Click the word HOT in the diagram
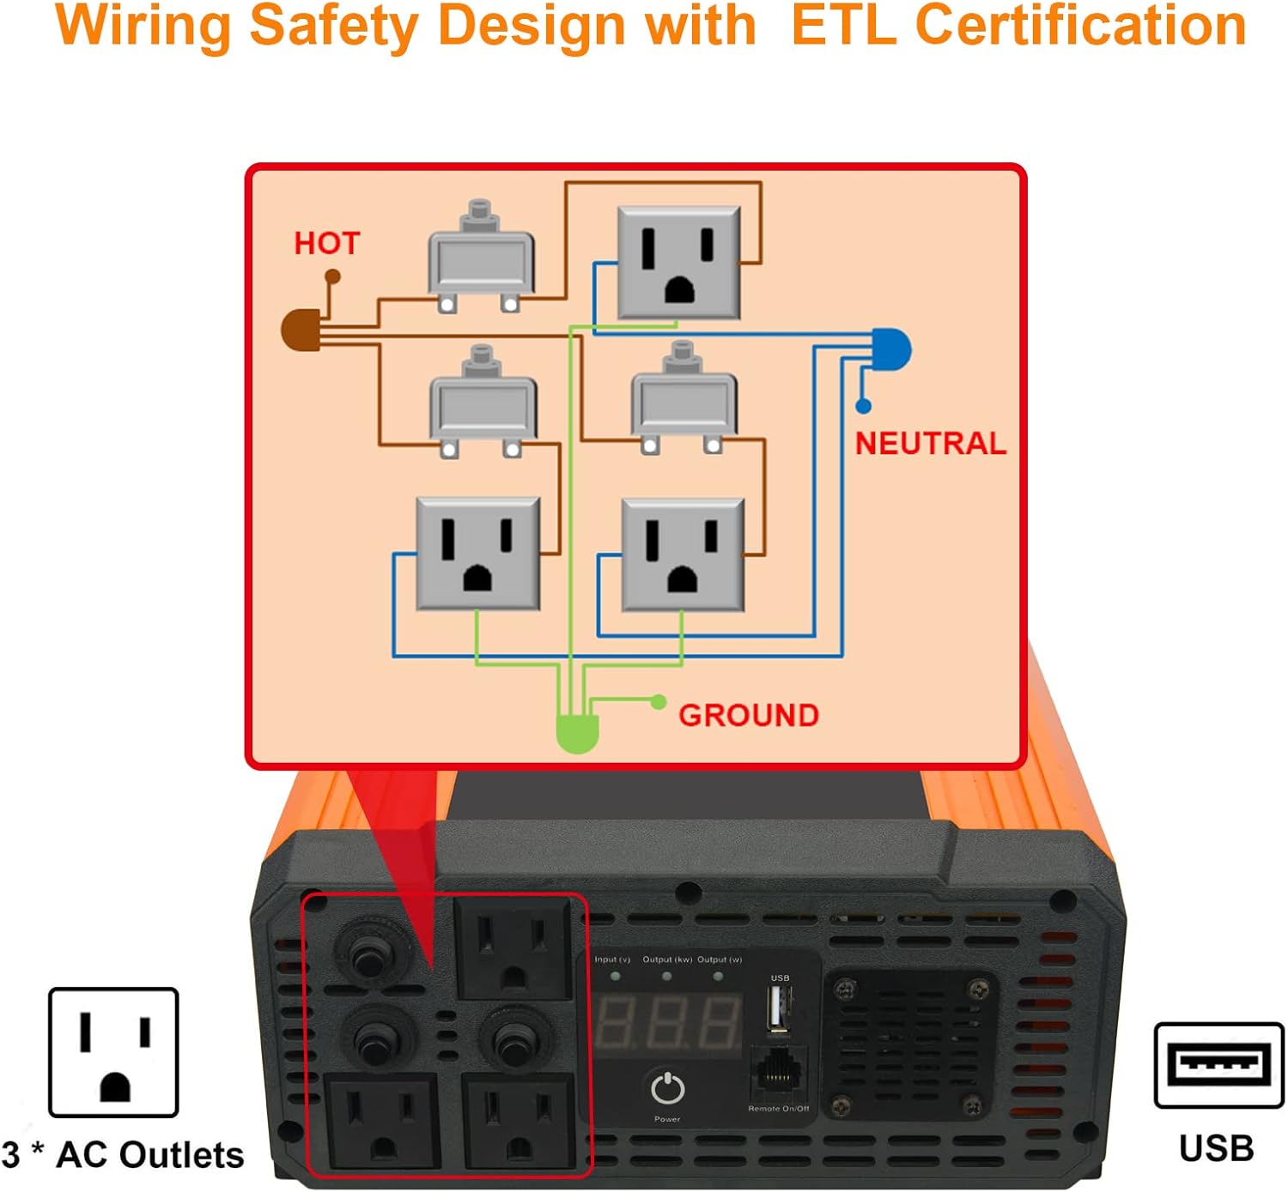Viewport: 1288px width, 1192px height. click(x=326, y=244)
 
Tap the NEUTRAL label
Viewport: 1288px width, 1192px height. click(x=930, y=444)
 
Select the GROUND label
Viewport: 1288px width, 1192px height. click(x=748, y=716)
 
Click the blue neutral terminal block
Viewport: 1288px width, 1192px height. click(x=891, y=349)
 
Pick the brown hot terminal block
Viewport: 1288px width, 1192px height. click(x=301, y=330)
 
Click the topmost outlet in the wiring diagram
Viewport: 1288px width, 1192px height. click(x=679, y=263)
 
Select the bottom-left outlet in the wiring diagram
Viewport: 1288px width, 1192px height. click(x=477, y=554)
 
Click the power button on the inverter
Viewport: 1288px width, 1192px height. click(x=667, y=1090)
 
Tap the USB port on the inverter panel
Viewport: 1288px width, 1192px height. click(x=779, y=1008)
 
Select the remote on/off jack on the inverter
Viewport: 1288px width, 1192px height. click(x=778, y=1073)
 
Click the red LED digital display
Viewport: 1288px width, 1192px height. click(x=668, y=1023)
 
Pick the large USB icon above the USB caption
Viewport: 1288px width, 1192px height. click(x=1218, y=1065)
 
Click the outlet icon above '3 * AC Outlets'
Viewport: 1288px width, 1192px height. click(x=113, y=1053)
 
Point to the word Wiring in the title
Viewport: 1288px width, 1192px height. click(x=143, y=26)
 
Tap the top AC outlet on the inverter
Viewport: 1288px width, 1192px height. click(x=513, y=947)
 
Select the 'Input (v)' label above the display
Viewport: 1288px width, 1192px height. click(x=612, y=959)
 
